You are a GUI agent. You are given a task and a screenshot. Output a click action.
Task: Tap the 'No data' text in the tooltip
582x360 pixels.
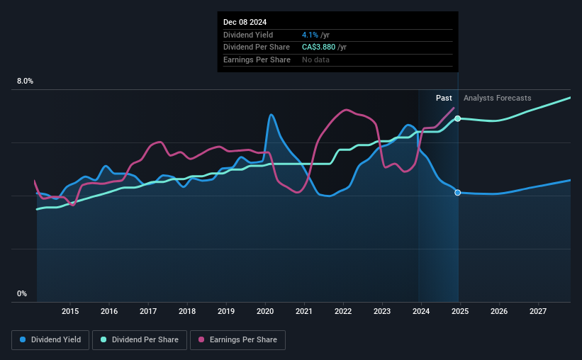(315, 60)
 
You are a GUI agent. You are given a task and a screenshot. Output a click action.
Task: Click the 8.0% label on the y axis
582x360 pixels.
(26, 81)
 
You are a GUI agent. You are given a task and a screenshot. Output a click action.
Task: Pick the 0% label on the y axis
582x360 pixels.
(22, 294)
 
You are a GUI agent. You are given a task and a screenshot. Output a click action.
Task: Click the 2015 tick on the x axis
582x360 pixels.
(70, 311)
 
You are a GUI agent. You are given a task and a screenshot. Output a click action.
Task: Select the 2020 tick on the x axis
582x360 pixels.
(265, 311)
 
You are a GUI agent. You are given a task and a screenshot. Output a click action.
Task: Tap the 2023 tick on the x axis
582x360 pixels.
(382, 311)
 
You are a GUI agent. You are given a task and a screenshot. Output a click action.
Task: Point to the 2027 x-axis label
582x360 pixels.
(538, 311)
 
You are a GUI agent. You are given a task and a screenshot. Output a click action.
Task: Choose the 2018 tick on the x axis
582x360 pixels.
(187, 311)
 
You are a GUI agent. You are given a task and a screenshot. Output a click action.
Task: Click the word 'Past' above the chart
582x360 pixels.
(444, 99)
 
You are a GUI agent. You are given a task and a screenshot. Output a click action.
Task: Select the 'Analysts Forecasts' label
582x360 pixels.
(497, 99)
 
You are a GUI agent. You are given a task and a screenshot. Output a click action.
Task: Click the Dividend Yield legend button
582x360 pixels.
(50, 340)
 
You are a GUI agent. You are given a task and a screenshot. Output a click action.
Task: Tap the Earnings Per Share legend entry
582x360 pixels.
(238, 340)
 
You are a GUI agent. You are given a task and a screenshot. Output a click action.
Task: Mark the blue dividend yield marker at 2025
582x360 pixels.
(458, 193)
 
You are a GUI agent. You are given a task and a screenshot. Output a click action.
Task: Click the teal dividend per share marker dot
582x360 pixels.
(458, 118)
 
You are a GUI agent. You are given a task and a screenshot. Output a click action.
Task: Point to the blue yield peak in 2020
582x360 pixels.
(270, 115)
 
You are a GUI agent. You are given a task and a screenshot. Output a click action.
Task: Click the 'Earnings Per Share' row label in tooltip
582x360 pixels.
(257, 60)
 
